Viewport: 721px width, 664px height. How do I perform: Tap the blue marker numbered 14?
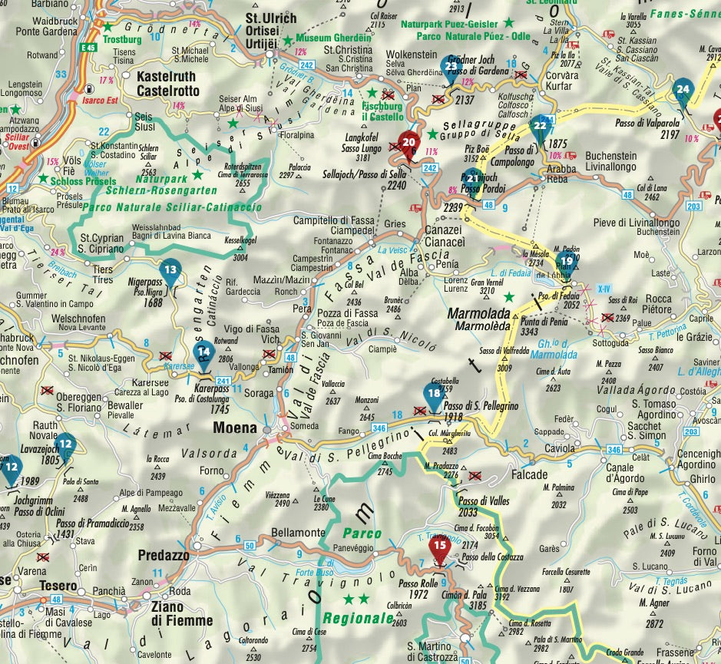point(203,354)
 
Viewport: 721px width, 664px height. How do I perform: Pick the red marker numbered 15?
point(439,547)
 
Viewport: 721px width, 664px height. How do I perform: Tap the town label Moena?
point(235,427)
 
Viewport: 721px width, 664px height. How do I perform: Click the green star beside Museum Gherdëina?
point(287,38)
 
